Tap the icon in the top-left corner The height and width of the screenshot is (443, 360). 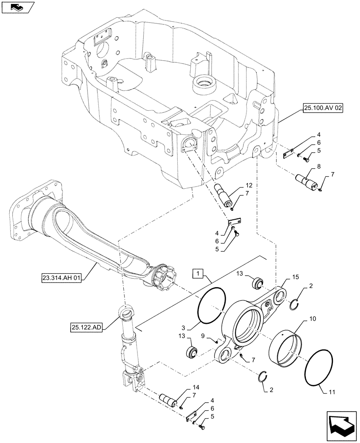(x=16, y=7)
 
